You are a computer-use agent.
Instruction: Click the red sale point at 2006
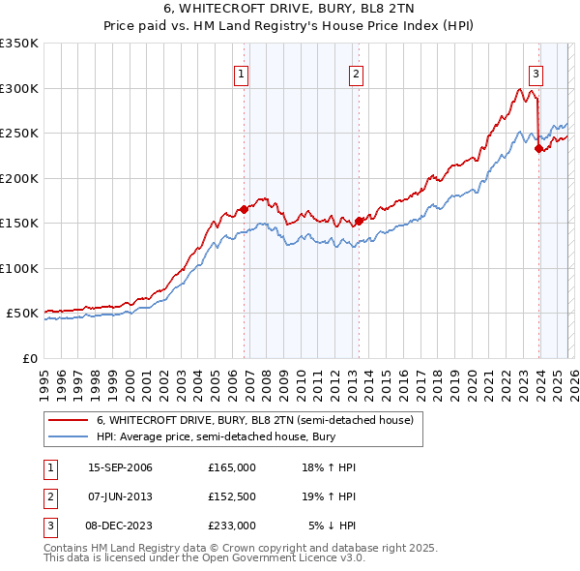(x=244, y=208)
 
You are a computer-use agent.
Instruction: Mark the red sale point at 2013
(x=359, y=221)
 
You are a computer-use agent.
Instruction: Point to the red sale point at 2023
(x=537, y=148)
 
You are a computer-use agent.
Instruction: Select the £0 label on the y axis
(x=29, y=358)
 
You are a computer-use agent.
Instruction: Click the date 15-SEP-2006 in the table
(x=120, y=467)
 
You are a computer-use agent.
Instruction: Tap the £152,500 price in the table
(x=231, y=496)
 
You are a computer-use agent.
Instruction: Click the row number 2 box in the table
(x=49, y=496)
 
